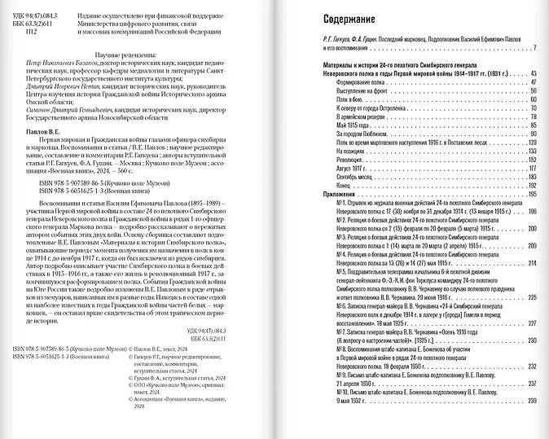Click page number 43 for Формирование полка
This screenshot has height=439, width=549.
pyautogui.click(x=533, y=82)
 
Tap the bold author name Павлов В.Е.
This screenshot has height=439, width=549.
pyautogui.click(x=39, y=129)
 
